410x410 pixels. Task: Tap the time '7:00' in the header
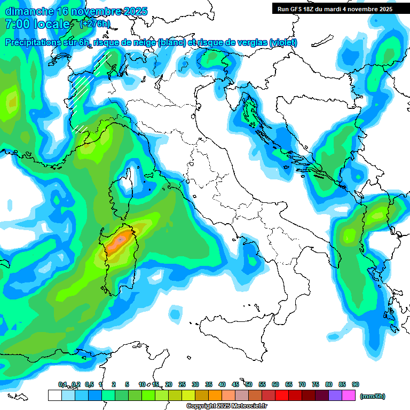point(17,24)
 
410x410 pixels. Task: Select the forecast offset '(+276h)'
point(95,24)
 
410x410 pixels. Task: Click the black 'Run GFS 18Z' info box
point(335,9)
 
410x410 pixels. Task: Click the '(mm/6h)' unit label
point(373,396)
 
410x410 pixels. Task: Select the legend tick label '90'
point(355,384)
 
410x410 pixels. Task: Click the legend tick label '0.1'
point(62,384)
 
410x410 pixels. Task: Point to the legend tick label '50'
point(249,384)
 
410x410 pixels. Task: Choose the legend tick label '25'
point(182,384)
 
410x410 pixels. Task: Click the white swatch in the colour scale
point(54,396)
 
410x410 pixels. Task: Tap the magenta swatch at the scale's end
point(349,396)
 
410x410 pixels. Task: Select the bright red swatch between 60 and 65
point(282,396)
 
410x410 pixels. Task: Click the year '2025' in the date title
point(119,11)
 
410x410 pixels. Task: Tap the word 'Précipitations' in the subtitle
point(35,42)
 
